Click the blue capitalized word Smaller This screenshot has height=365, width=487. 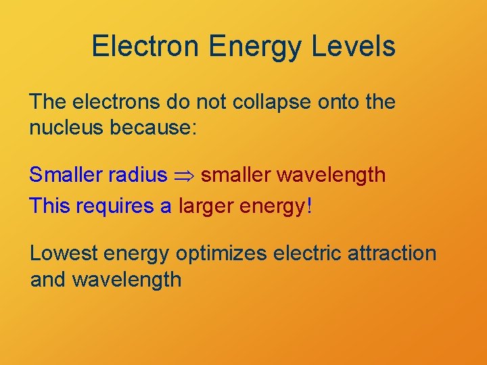point(66,175)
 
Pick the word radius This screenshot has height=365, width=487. point(137,175)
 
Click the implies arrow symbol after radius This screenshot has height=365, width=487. point(184,176)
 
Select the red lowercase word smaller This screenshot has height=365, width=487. point(236,175)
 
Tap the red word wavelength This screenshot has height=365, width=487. point(331,175)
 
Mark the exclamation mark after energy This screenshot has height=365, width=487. point(309,205)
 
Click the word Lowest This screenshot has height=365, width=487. point(66,253)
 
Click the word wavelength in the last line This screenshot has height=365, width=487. point(126,279)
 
